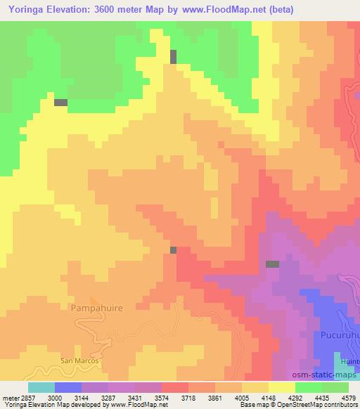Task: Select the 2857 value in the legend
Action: (22, 398)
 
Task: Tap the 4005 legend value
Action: (243, 398)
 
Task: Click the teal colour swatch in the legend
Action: (41, 387)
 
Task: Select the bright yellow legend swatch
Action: (281, 387)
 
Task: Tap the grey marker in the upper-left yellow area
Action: (60, 103)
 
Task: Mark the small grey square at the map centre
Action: (173, 249)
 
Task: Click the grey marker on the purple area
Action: (272, 264)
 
